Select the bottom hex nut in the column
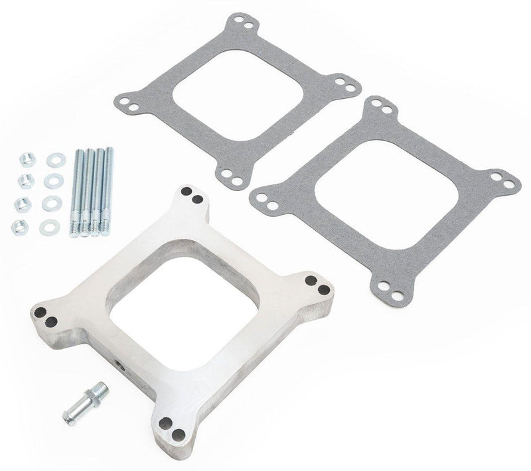20,227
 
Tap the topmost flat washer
54,160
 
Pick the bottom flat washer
49,227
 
